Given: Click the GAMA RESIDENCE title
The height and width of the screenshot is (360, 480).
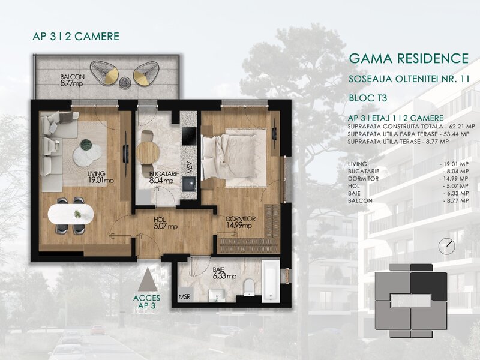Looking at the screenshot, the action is (409, 58).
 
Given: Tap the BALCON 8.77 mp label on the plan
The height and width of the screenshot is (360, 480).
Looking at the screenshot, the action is (72, 80).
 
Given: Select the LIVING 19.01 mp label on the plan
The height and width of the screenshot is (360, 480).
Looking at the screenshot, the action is (101, 177).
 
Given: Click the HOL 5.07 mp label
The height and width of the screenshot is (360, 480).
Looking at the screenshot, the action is (166, 223).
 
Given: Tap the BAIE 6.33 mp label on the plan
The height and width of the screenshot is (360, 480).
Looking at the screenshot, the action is (224, 273).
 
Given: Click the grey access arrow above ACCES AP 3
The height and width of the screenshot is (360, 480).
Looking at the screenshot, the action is (148, 279).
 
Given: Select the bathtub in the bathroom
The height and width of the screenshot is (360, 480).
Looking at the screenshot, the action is (271, 281).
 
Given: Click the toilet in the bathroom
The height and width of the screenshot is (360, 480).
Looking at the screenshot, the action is (249, 287).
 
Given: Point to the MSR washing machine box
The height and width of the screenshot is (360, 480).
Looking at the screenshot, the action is (185, 295).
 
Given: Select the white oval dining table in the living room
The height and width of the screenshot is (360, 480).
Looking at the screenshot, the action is (71, 214).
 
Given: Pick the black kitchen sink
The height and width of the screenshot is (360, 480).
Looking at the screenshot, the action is (189, 184).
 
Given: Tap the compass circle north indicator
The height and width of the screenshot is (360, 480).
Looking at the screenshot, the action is (446, 246).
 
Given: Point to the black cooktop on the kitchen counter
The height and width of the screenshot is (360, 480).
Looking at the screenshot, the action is (189, 136).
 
